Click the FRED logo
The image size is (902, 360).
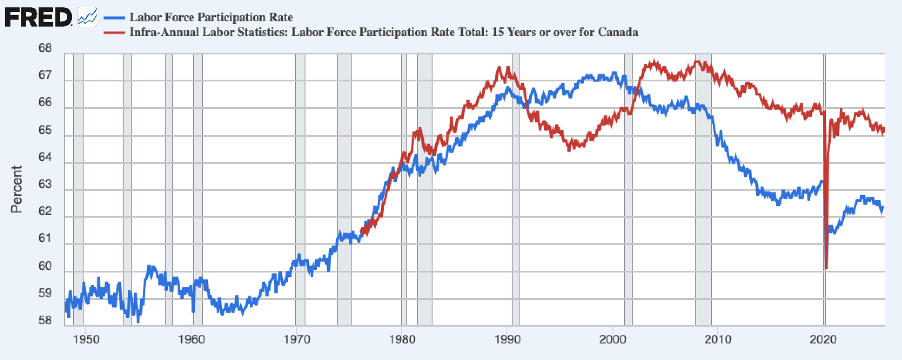click(x=38, y=18)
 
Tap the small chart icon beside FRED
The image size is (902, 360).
click(x=87, y=17)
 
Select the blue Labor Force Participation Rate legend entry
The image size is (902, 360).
click(x=211, y=17)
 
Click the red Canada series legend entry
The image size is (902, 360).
click(x=383, y=32)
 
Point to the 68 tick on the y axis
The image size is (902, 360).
click(x=45, y=48)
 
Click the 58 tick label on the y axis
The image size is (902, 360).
click(x=45, y=321)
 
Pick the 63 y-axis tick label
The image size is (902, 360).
click(x=45, y=184)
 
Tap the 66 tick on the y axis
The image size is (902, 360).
click(x=45, y=102)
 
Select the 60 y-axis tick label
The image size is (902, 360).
click(x=45, y=266)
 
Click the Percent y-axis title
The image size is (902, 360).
click(x=17, y=189)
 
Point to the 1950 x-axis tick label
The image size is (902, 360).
click(x=86, y=339)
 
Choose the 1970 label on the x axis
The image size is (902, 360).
click(x=297, y=339)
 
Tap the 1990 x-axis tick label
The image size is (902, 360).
click(x=507, y=339)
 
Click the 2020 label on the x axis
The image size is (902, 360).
click(x=823, y=339)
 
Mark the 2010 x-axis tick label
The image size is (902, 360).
click(x=718, y=339)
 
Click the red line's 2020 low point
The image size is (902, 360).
click(x=826, y=267)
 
